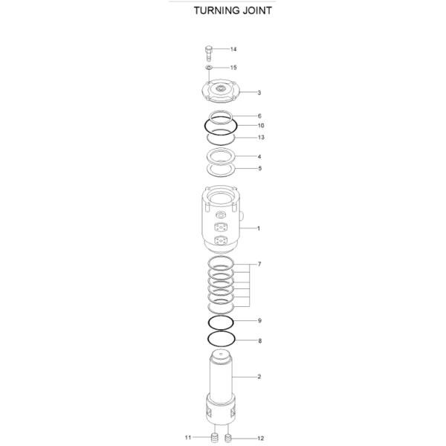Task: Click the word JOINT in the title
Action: tap(254, 11)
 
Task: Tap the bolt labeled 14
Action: tap(209, 52)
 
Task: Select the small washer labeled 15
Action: tap(210, 68)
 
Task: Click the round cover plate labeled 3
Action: tap(222, 94)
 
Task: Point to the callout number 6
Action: tap(259, 116)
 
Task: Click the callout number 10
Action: tap(260, 126)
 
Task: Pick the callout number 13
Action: tap(260, 138)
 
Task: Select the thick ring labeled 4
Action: tap(221, 157)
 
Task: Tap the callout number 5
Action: tap(259, 169)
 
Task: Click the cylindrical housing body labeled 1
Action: tap(221, 223)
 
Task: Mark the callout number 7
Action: tap(259, 265)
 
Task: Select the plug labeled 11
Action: tap(213, 437)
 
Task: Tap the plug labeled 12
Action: tap(230, 437)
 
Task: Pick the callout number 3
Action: tap(259, 93)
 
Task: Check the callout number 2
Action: tap(259, 377)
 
